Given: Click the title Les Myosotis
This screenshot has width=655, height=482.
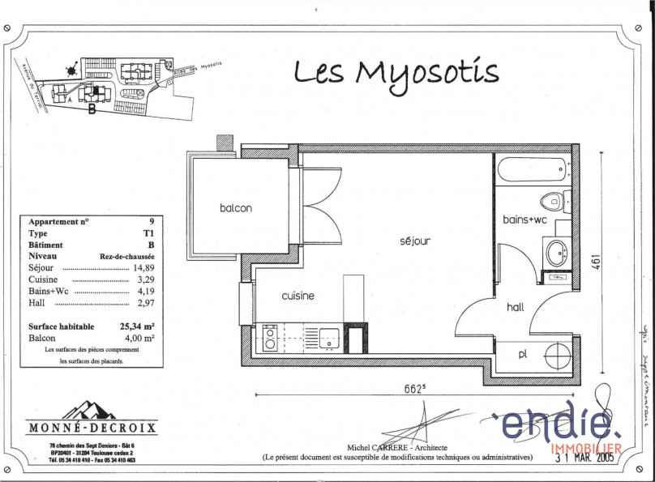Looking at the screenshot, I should pos(396,73).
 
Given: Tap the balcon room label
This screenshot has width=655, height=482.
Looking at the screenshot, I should pos(236,208).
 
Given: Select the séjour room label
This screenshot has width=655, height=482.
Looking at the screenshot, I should pos(414,241).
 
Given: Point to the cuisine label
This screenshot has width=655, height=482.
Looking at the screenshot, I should pos(298,296).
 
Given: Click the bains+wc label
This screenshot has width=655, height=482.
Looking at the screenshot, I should pos(525,220).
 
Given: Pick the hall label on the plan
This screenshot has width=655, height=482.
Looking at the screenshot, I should pos(516,307).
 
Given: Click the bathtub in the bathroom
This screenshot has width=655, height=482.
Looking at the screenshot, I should pos(531,170).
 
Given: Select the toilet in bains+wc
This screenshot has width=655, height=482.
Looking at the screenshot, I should pos(556,200).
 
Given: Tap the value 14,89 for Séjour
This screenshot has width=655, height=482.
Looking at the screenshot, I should pos(142,267).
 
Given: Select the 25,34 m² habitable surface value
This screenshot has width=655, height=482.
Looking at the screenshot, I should pos(136,326).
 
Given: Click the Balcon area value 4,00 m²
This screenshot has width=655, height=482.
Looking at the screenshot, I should pos(140,338).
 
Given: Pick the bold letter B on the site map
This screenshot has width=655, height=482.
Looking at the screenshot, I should pos(92,110).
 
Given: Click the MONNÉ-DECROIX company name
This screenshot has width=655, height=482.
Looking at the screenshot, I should pos(93,428).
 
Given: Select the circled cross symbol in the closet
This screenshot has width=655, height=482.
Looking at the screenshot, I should pos(558,356).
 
